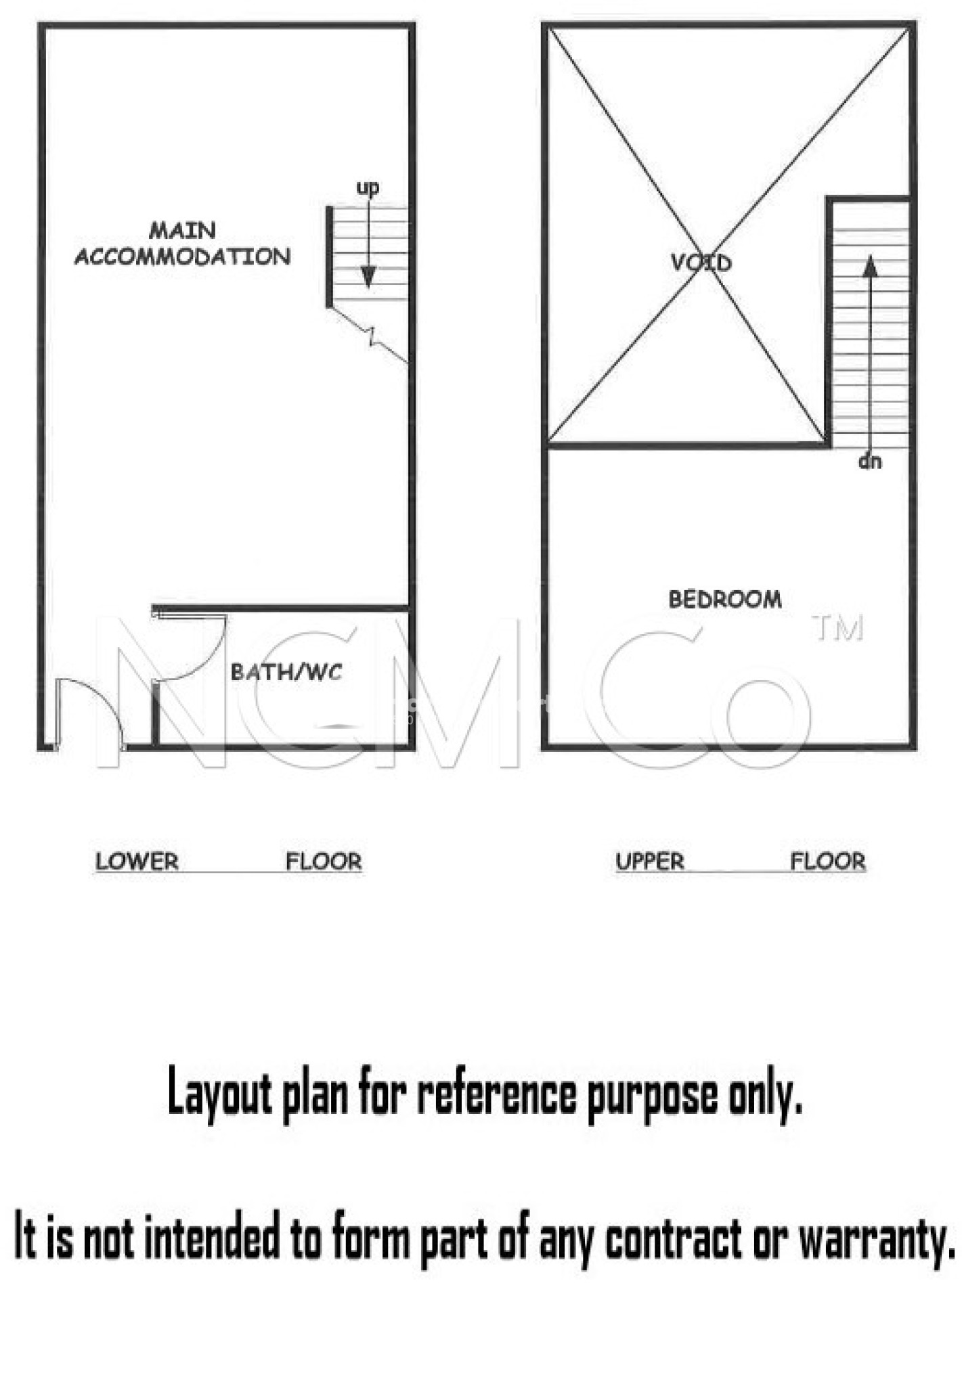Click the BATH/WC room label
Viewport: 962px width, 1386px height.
286,672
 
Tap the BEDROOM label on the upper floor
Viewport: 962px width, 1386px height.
725,599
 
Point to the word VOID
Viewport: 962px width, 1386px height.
701,262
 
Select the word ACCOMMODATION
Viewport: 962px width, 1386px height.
183,256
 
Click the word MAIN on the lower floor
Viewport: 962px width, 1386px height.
182,230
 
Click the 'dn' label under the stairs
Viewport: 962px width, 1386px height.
870,462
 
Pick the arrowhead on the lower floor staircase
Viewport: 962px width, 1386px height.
368,276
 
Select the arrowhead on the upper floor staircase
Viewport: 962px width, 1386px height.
871,266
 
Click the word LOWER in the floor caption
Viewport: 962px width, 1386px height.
137,862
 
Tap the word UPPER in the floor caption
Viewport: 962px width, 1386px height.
650,862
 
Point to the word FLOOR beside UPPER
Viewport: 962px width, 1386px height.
828,862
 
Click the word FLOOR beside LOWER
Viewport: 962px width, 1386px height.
324,862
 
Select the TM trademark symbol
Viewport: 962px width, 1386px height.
838,627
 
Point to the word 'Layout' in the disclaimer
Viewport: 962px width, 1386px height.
219,1095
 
